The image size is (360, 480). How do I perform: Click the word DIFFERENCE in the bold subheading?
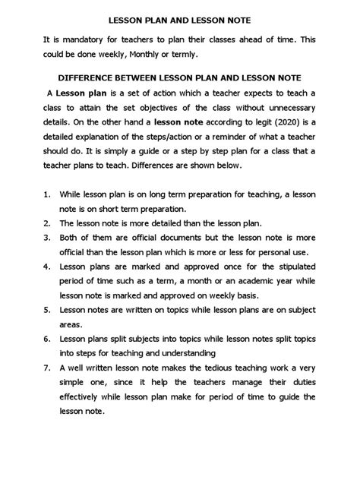94,77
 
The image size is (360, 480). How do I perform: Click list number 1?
46,194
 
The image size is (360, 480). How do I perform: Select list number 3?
46,236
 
